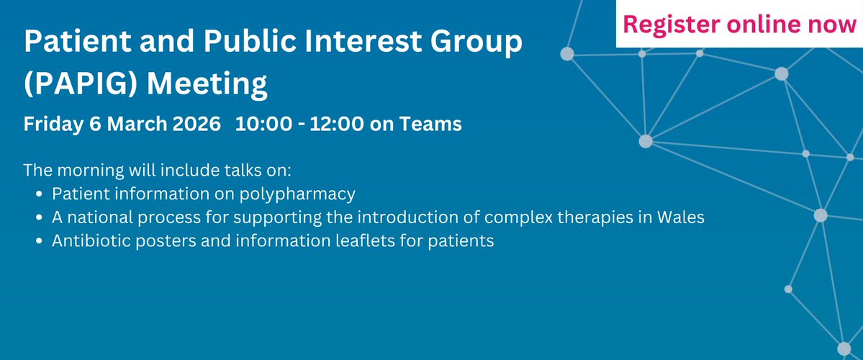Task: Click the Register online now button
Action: (740, 24)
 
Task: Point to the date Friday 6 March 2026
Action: (122, 125)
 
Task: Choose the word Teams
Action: (430, 125)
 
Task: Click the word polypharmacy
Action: (294, 194)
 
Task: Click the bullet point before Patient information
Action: (38, 194)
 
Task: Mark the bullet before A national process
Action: (38, 218)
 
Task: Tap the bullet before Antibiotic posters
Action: (38, 242)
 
